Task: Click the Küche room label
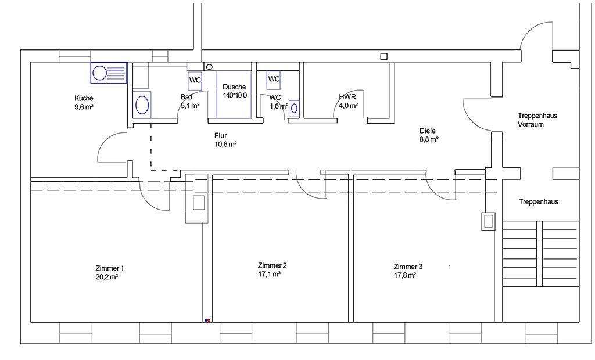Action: [84, 98]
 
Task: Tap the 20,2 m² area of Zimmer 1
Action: [107, 277]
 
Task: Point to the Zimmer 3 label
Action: [408, 267]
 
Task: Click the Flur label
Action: [220, 135]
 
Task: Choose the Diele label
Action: [427, 131]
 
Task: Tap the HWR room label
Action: [347, 97]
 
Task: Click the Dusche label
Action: [234, 87]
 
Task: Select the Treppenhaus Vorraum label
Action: [537, 120]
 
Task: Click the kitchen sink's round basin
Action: [100, 73]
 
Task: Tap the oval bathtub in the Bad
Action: [142, 105]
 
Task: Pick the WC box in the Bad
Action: [195, 81]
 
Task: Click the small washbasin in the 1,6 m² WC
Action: [294, 108]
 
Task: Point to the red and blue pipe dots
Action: [207, 320]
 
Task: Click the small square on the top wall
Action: [384, 56]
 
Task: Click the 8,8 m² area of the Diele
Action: [429, 139]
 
